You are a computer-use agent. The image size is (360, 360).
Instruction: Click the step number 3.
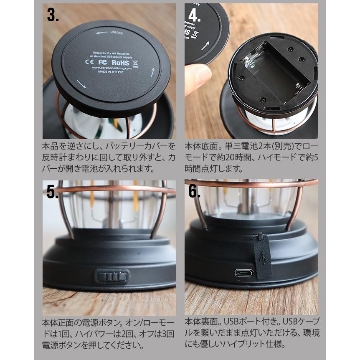(53, 15)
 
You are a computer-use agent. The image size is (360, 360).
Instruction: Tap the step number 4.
(194, 15)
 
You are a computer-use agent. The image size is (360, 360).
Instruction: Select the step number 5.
(52, 192)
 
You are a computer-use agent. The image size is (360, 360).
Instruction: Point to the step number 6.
(194, 191)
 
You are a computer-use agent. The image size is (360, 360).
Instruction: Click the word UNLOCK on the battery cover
(117, 33)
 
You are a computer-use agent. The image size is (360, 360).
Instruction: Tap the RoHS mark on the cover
(120, 63)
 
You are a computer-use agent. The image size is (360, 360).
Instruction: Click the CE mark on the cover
(89, 61)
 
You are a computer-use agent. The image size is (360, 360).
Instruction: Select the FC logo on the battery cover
(103, 62)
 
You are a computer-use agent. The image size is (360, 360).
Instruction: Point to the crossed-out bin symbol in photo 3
(135, 64)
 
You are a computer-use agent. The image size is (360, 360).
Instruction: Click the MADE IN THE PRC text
(111, 72)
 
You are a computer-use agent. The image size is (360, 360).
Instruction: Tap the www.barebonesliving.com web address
(112, 68)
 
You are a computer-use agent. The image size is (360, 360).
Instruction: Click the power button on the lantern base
(112, 276)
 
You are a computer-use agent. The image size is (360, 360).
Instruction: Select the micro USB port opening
(244, 273)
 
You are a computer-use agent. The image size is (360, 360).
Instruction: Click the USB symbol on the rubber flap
(264, 257)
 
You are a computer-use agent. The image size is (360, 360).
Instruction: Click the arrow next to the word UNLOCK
(102, 33)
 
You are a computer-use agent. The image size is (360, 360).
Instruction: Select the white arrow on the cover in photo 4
(205, 46)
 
